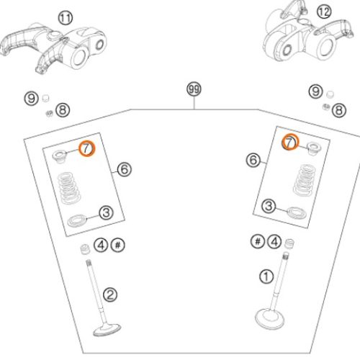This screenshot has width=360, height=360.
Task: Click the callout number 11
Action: click(x=66, y=18)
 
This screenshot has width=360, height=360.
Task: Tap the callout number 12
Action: click(x=324, y=12)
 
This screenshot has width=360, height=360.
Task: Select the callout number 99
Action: click(x=194, y=89)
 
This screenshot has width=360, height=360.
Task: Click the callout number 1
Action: click(x=266, y=276)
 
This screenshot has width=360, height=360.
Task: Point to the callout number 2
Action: click(x=110, y=295)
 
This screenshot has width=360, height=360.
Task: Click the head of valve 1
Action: click(x=270, y=319)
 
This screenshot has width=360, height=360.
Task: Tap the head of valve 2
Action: click(x=107, y=330)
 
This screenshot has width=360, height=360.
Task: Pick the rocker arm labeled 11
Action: click(x=54, y=48)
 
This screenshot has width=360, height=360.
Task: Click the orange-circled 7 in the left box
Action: click(x=87, y=149)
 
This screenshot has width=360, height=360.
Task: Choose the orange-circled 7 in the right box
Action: click(x=290, y=143)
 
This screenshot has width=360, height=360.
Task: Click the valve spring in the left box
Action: click(x=69, y=188)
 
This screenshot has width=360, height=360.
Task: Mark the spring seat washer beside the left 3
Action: click(x=77, y=221)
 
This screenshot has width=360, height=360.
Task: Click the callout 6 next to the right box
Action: click(x=253, y=160)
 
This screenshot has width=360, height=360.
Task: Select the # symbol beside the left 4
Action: click(x=118, y=245)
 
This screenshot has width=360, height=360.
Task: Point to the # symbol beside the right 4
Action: click(x=258, y=241)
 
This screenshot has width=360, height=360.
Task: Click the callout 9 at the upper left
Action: click(x=32, y=99)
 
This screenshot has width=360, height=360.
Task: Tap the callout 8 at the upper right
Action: click(x=339, y=110)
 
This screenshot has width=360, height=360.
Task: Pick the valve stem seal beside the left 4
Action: click(x=85, y=249)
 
